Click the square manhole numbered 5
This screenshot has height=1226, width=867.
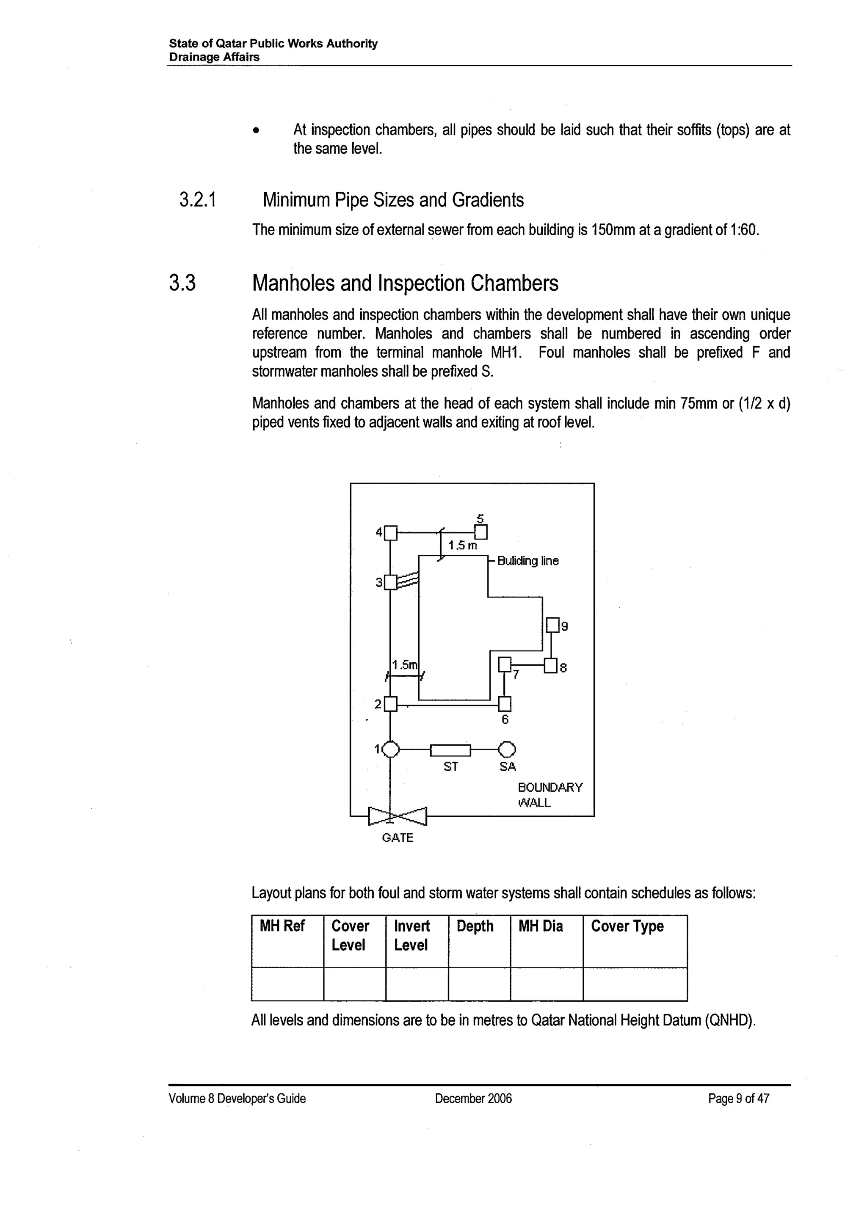(x=481, y=532)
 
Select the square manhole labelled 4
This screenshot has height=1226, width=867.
(x=391, y=532)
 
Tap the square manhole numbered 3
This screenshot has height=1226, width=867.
(x=391, y=582)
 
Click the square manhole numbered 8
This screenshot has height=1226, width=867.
(x=551, y=667)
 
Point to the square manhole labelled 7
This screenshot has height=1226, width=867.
(x=505, y=664)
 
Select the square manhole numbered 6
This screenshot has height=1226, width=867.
(x=505, y=704)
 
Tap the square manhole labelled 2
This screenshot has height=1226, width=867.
(x=391, y=704)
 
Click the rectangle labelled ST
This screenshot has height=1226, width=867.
(x=450, y=750)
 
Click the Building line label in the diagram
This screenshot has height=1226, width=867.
(x=528, y=561)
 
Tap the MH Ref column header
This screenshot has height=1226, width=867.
(x=282, y=926)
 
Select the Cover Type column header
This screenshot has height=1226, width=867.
(x=627, y=926)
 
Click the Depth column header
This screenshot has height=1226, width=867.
(x=475, y=926)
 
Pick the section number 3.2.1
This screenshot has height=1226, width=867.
(x=198, y=200)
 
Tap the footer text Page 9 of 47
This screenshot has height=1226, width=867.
(x=738, y=1098)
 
